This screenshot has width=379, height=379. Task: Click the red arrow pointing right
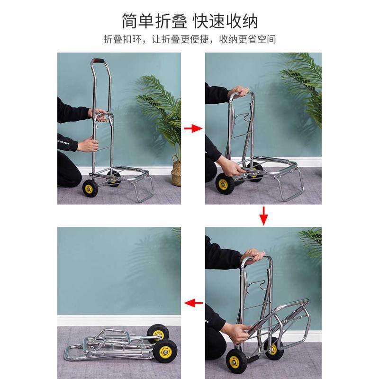coord(193,128)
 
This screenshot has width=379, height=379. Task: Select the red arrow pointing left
coord(193,302)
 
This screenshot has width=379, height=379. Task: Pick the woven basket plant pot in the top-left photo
coord(176,173)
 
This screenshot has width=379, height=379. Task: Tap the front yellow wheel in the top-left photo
coord(90,189)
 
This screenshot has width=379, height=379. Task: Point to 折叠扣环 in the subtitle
coord(119,39)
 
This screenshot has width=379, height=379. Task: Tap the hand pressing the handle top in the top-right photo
coord(238,91)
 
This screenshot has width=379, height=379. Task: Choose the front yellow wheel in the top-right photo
coord(225,183)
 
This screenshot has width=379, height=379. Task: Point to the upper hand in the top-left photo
coord(99,115)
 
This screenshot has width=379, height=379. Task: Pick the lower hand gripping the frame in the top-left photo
coord(87,144)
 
